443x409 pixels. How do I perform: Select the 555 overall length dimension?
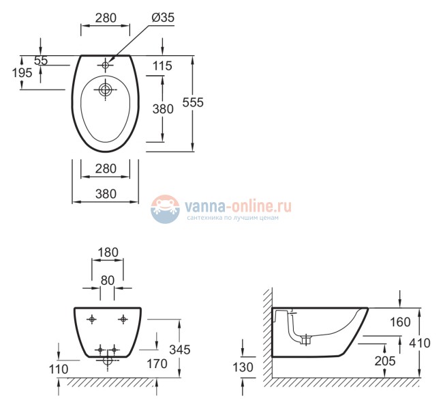coord(194,102)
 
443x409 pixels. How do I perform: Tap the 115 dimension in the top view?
coord(162,66)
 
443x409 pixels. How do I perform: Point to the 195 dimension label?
coord(22,72)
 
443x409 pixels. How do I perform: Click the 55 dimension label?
coord(41,60)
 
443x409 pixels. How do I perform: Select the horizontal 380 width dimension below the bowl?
coord(105,194)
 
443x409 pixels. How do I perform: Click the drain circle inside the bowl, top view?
coord(106,89)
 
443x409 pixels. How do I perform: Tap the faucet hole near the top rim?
coord(106,65)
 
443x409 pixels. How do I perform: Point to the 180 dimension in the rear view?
coord(108,252)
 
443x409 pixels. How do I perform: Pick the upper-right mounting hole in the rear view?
coord(123,319)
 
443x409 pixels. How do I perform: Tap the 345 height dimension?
coord(180,349)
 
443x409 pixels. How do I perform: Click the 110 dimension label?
coord(58,369)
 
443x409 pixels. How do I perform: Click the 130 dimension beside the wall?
coord(243,367)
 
